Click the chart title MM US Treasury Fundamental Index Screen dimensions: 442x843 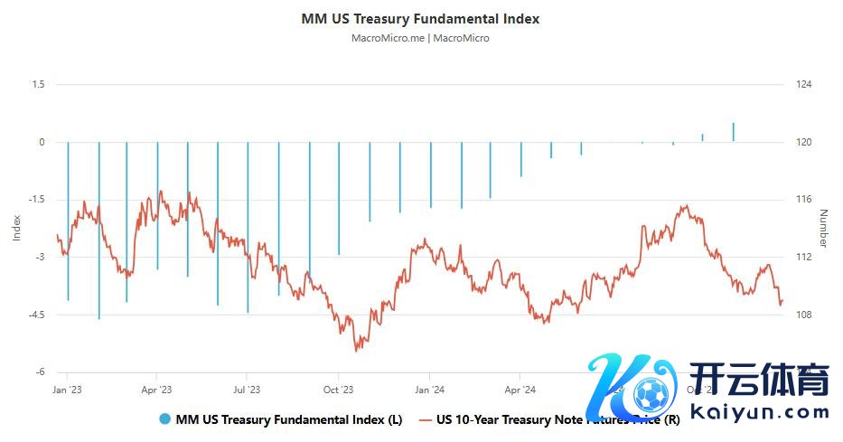(x=421, y=18)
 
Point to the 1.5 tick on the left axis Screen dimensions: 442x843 (x=37, y=85)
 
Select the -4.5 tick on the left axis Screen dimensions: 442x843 (x=34, y=315)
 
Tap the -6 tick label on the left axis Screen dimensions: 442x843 (x=40, y=372)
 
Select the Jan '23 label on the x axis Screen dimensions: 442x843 (x=67, y=390)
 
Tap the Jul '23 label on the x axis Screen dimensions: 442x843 (x=247, y=390)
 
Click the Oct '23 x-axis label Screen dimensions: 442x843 (x=338, y=390)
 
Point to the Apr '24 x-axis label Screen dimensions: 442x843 (x=520, y=390)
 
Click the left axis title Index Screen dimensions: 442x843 (x=15, y=228)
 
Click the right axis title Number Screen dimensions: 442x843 (x=823, y=228)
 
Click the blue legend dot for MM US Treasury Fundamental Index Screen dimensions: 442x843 (x=164, y=419)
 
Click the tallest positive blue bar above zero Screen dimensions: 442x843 (x=733, y=132)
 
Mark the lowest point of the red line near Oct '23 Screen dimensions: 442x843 (x=357, y=350)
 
